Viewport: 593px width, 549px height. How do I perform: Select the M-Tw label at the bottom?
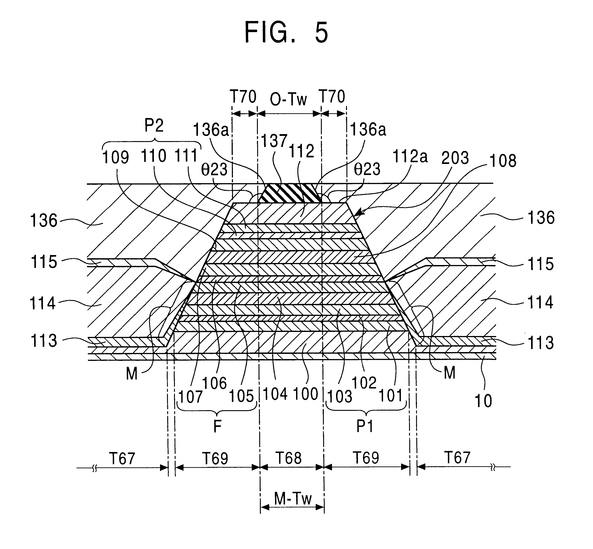pyautogui.click(x=292, y=499)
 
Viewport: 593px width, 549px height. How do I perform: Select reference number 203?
pyautogui.click(x=455, y=158)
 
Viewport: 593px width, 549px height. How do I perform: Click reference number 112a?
pyautogui.click(x=410, y=156)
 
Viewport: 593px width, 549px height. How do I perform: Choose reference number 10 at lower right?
pyautogui.click(x=483, y=401)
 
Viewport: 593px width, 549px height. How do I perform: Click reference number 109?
pyautogui.click(x=115, y=157)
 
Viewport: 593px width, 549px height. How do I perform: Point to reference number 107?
pyautogui.click(x=190, y=397)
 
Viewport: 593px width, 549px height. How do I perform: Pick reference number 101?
pyautogui.click(x=391, y=396)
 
